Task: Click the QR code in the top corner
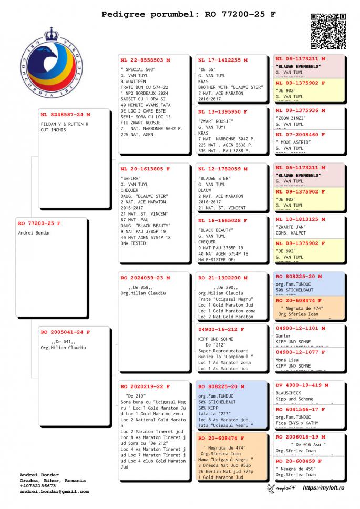(328, 31)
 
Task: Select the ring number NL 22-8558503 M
(146, 60)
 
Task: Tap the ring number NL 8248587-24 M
(66, 115)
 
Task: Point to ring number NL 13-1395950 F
(223, 112)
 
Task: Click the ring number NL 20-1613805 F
(146, 169)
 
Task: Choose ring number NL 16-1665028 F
(223, 221)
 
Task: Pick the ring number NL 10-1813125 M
(301, 219)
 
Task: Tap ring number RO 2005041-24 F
(66, 332)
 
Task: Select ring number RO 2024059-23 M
(146, 278)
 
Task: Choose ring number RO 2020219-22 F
(146, 386)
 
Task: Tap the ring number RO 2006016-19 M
(301, 437)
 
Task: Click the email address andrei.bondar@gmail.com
(54, 492)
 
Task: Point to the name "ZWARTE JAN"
(291, 227)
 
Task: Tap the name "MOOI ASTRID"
(293, 142)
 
